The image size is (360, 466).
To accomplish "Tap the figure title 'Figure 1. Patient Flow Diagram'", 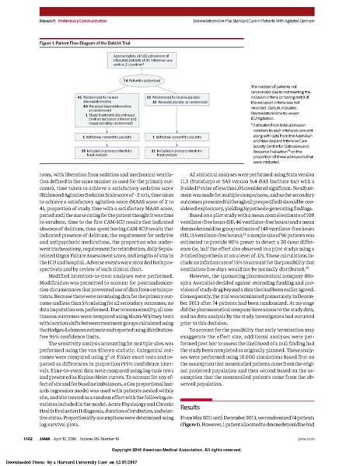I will pyautogui.click(x=66, y=25).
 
